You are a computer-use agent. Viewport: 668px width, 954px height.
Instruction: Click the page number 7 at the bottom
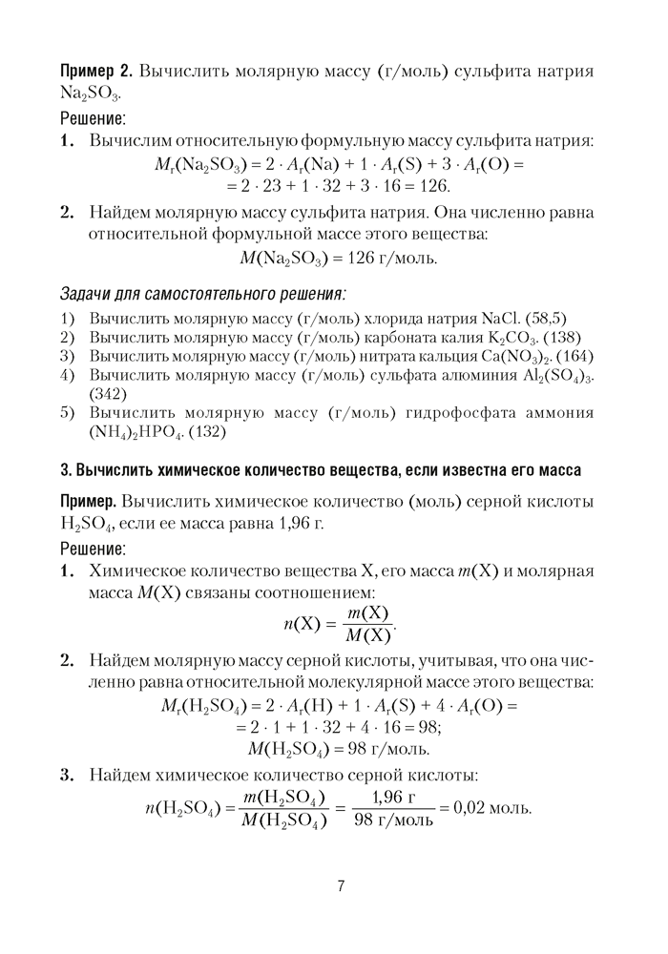click(x=340, y=885)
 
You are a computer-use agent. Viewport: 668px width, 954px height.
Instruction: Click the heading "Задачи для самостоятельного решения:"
click(x=202, y=292)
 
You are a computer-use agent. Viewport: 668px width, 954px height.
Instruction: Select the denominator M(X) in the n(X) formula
click(x=366, y=635)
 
